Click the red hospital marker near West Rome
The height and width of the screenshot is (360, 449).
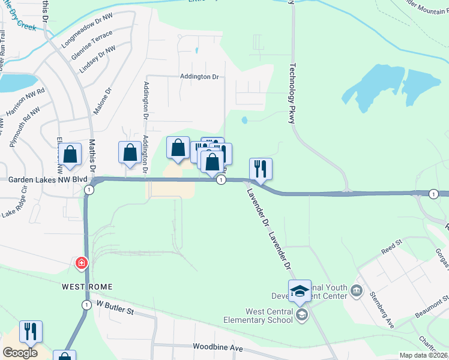pyautogui.click(x=81, y=263)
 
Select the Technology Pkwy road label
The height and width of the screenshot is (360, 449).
pyautogui.click(x=293, y=94)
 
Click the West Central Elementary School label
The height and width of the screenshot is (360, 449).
pyautogui.click(x=268, y=316)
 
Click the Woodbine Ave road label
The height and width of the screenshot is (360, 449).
pyautogui.click(x=217, y=347)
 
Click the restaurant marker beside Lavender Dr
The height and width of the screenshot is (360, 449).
pyautogui.click(x=261, y=168)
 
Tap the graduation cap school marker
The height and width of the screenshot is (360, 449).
pyautogui.click(x=300, y=291)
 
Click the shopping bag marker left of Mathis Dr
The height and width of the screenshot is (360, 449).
pyautogui.click(x=70, y=154)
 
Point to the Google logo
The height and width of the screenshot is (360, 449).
pyautogui.click(x=20, y=353)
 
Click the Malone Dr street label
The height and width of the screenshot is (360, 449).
pyautogui.click(x=103, y=101)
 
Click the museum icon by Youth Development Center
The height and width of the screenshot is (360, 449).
pyautogui.click(x=357, y=292)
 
